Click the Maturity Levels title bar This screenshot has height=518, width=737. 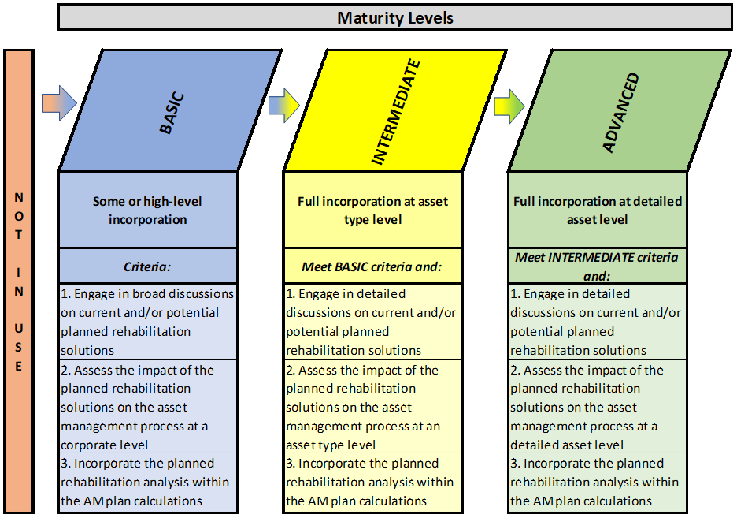click(x=394, y=17)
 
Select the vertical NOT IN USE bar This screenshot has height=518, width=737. click(x=19, y=281)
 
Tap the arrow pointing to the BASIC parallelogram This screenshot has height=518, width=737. click(x=59, y=103)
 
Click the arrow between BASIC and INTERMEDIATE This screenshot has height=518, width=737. click(x=284, y=106)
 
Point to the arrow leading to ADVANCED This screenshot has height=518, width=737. click(x=509, y=106)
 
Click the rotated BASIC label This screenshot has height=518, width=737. click(x=172, y=114)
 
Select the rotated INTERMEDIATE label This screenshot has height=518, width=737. click(x=396, y=112)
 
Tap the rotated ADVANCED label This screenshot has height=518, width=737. click(x=621, y=113)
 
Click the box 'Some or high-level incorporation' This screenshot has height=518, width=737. click(x=147, y=211)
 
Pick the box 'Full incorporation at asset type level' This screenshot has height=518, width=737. click(x=372, y=211)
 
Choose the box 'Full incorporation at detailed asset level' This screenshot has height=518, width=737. click(x=598, y=211)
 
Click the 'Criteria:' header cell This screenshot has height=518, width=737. click(x=147, y=266)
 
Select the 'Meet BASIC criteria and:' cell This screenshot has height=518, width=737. click(x=372, y=266)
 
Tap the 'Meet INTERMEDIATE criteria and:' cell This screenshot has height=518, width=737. click(x=598, y=266)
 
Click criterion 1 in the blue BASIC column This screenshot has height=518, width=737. click(x=147, y=322)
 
